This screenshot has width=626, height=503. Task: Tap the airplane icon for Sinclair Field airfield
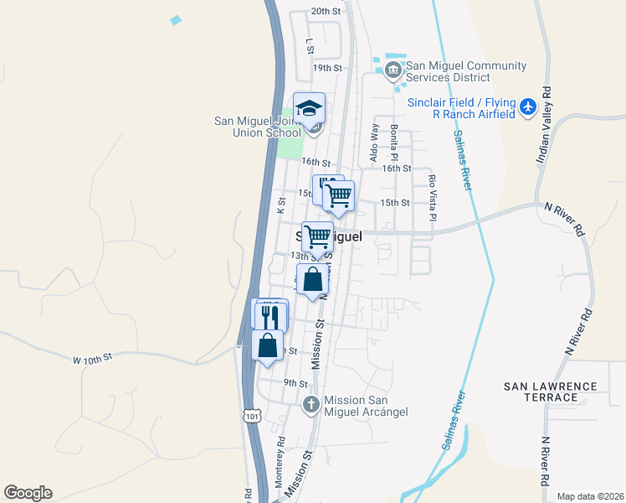[x=527, y=107]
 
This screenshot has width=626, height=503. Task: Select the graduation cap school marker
[x=309, y=108]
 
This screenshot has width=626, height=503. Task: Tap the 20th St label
[x=326, y=12]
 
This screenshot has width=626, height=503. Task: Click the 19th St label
[x=328, y=67]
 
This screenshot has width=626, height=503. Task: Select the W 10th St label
[x=92, y=360]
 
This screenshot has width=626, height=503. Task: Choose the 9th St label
[x=295, y=382]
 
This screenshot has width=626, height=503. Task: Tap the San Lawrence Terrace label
[x=550, y=392]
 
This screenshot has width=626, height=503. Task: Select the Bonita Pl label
[x=394, y=142]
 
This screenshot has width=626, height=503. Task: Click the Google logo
[x=28, y=493]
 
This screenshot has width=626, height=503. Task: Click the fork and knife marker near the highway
[x=270, y=317]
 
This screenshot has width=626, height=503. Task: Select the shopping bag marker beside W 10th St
[x=267, y=345]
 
